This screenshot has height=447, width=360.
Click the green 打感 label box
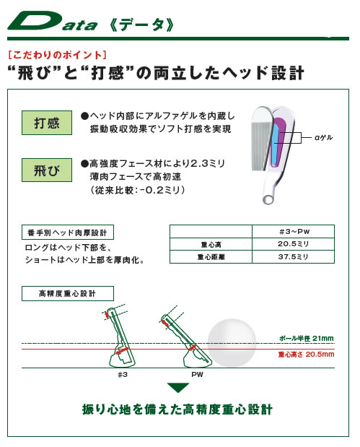[47, 123]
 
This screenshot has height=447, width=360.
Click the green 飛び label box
[47, 170]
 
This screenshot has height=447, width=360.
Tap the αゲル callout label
[323, 138]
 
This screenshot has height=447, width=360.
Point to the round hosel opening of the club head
[268, 199]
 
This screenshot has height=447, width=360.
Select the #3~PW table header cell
[293, 232]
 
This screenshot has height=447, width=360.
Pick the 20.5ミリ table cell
[293, 244]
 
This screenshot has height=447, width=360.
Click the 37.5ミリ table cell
[293, 257]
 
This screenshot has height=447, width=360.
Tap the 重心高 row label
[211, 245]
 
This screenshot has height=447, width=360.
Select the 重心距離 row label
[211, 257]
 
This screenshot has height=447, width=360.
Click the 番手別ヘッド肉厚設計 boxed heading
[68, 233]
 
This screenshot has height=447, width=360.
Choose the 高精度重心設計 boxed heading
[68, 293]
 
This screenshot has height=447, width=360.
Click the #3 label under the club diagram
[123, 375]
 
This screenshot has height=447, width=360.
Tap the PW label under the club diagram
[198, 375]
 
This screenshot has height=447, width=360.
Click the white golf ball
[232, 343]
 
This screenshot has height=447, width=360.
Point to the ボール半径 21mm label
[306, 339]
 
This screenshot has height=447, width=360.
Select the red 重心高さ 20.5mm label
[306, 355]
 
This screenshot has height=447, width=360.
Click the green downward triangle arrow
[178, 387]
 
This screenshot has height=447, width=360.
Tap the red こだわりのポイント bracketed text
[58, 55]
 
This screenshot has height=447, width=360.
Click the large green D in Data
[34, 20]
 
